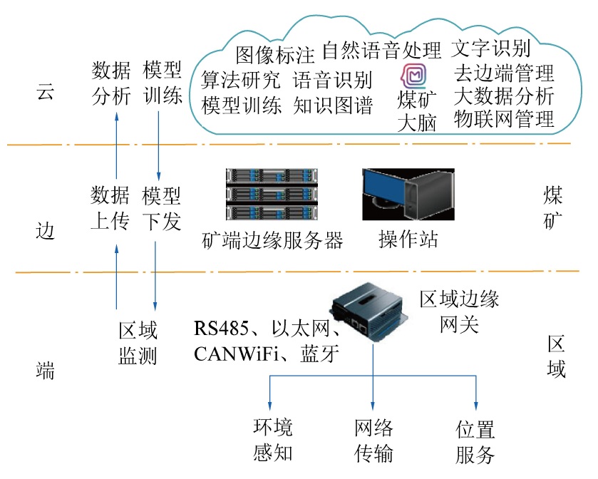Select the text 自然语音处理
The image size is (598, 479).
pyautogui.click(x=381, y=51)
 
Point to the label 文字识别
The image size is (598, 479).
pyautogui.click(x=491, y=49)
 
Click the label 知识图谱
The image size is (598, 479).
pyautogui.click(x=333, y=105)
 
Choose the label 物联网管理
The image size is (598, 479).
pyautogui.click(x=504, y=119)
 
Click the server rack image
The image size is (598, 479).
pyautogui.click(x=271, y=194)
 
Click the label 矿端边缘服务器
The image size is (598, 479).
pyautogui.click(x=273, y=239)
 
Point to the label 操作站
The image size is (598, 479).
pyautogui.click(x=408, y=239)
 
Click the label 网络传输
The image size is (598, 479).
pyautogui.click(x=373, y=441)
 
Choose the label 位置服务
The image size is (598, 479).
pyautogui.click(x=475, y=442)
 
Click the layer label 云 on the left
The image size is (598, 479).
pyautogui.click(x=45, y=94)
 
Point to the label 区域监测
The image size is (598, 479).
pyautogui.click(x=138, y=343)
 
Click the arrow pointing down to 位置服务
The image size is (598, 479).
pyautogui.click(x=476, y=396)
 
